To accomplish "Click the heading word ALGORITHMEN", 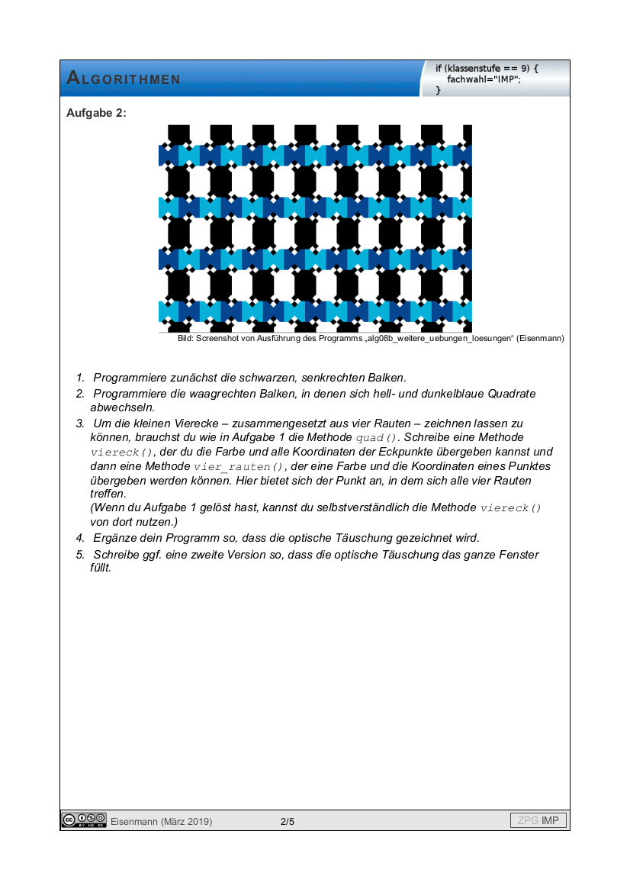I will pyautogui.click(x=124, y=79).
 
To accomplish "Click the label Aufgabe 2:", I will pyautogui.click(x=96, y=113).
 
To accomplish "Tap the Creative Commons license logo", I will pyautogui.click(x=84, y=820).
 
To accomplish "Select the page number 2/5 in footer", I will pyautogui.click(x=288, y=822).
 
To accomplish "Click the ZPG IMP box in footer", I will pyautogui.click(x=538, y=821).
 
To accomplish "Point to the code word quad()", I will pyautogui.click(x=378, y=438).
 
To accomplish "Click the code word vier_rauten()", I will pyautogui.click(x=239, y=467).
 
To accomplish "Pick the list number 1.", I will pyautogui.click(x=79, y=378).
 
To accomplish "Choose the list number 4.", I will pyautogui.click(x=79, y=537).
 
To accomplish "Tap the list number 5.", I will pyautogui.click(x=79, y=555).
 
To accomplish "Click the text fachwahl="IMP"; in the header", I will pyautogui.click(x=483, y=79).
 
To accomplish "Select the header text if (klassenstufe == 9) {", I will pyautogui.click(x=487, y=69).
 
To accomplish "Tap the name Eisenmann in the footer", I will pyautogui.click(x=134, y=822).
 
